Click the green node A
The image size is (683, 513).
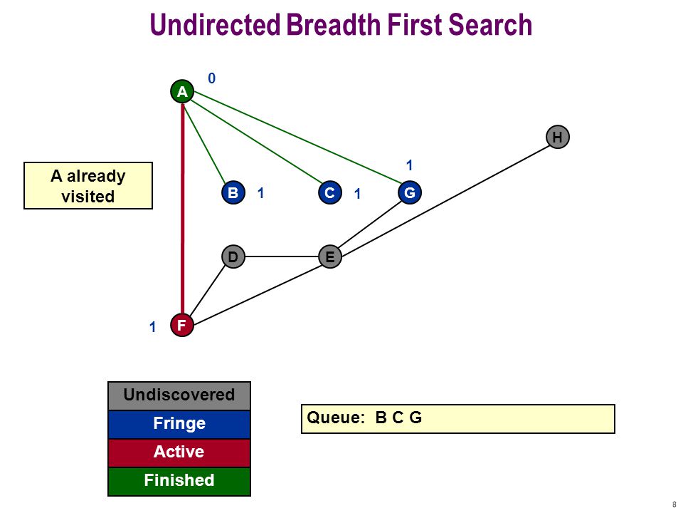coord(182,92)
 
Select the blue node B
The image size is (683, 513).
coord(233,192)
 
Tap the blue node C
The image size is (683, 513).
coord(329,192)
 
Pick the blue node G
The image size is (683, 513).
coord(410,192)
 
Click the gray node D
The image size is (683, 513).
coord(233,256)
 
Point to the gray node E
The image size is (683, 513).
coord(329,256)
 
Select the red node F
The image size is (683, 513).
coord(182,325)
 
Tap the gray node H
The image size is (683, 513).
coord(558,137)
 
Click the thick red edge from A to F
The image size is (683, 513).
coord(183,209)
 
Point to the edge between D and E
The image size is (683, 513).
coord(282,256)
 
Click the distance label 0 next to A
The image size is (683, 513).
coord(212,78)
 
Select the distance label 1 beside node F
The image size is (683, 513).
coord(152,327)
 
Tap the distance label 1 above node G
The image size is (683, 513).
coord(409,165)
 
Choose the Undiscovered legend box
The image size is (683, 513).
coord(179,395)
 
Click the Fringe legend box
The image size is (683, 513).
coord(179,424)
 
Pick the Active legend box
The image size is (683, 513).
coord(179,452)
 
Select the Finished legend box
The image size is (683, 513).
coord(179,481)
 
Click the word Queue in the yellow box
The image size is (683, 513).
coord(335,418)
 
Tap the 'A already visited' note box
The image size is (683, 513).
coord(88,186)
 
